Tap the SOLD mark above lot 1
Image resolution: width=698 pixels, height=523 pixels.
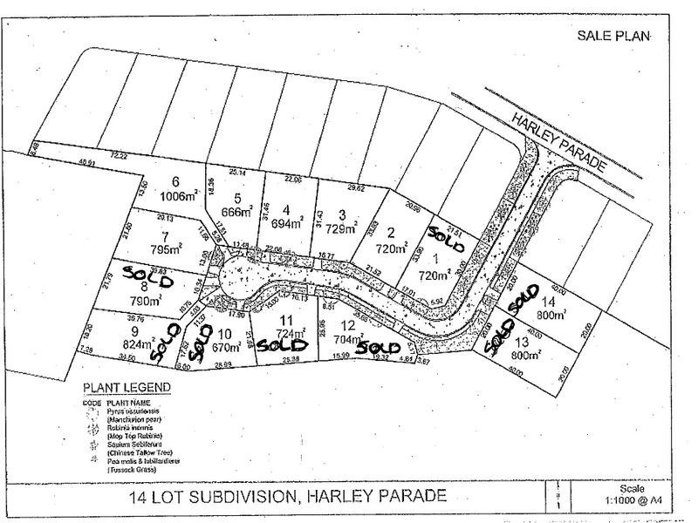[x=444, y=234]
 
